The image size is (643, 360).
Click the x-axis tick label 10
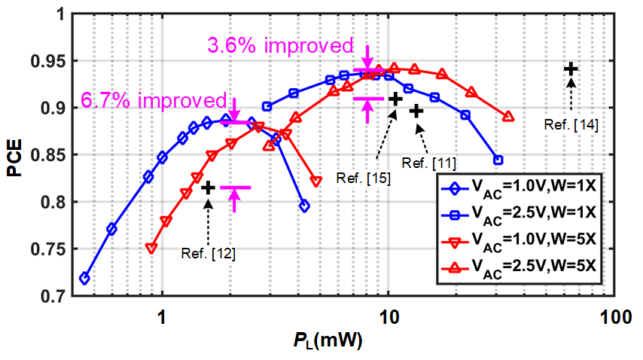click(389, 316)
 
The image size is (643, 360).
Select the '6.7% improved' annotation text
click(154, 101)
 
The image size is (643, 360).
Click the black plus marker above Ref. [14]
click(571, 69)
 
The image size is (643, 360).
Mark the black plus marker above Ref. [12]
click(209, 187)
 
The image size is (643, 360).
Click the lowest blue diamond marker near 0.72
click(84, 279)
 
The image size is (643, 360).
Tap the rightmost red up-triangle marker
click(508, 117)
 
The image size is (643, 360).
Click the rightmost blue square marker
click(498, 160)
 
